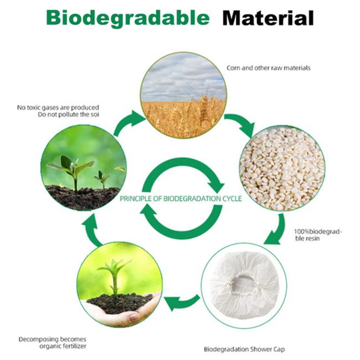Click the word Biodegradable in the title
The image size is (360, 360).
pyautogui.click(x=127, y=18)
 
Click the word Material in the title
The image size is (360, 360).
pyautogui.click(x=268, y=18)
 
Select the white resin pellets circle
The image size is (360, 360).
pyautogui.click(x=282, y=168)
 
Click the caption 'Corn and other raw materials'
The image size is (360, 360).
pyautogui.click(x=268, y=68)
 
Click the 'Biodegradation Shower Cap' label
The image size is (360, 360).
pyautogui.click(x=244, y=349)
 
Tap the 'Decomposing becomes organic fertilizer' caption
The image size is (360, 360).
pyautogui.click(x=52, y=343)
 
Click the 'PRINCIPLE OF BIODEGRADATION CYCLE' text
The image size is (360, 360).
pyautogui.click(x=181, y=199)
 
